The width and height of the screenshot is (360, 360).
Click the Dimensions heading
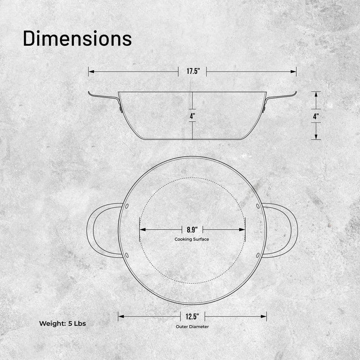78,39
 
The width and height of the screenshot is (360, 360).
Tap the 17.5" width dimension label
192,71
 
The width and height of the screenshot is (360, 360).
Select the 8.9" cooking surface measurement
192,230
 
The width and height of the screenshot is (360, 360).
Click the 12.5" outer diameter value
192,317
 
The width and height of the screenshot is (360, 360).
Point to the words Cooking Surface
192,239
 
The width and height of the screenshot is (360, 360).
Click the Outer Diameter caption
192,327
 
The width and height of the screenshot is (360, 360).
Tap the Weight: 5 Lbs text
63,324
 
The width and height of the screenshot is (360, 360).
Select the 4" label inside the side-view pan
192,116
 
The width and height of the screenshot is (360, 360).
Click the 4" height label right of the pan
316,116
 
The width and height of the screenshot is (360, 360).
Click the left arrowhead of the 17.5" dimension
91,72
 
